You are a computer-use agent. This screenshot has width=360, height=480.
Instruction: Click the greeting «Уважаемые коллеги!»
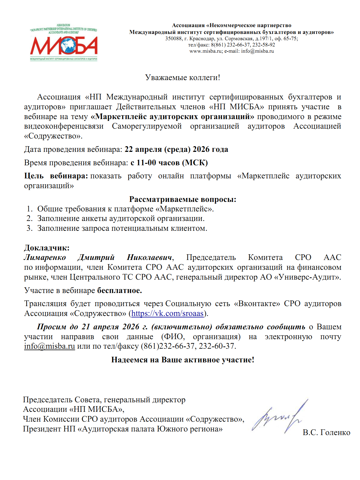point(182,78)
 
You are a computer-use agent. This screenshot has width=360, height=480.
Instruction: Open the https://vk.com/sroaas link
point(167,314)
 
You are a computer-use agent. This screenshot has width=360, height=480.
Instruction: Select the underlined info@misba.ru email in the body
point(49,346)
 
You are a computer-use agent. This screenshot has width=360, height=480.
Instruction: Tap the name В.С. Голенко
point(326,433)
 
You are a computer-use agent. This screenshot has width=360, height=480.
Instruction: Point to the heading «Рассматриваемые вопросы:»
point(182,199)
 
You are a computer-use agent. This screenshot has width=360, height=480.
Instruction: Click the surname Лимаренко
point(45,258)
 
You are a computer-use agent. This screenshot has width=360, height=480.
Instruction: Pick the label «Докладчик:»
point(47,248)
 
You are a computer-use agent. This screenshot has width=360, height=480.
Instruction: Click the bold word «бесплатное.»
point(120,290)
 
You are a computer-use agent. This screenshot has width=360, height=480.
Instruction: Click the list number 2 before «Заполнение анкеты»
point(29,219)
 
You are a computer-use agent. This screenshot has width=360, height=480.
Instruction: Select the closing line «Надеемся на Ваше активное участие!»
point(182,360)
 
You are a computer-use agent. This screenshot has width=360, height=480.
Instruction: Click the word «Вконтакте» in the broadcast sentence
point(257,304)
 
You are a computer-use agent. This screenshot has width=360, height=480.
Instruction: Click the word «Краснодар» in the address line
point(202,39)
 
